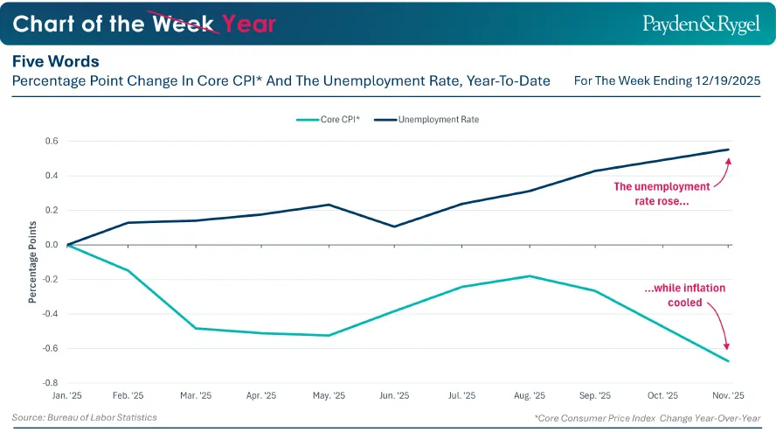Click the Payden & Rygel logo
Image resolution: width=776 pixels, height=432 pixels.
coord(701,24)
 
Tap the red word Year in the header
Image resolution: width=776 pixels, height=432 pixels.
coord(248,24)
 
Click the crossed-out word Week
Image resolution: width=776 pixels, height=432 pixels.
coord(183,24)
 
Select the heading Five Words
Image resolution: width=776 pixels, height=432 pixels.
coord(55,61)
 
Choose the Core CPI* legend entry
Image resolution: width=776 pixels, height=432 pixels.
coord(328,120)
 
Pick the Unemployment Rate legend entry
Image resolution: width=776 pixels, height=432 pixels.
coord(426,120)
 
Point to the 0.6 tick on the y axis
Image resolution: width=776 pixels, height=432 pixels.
coord(52,141)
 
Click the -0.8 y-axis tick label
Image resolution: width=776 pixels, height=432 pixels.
coord(51,383)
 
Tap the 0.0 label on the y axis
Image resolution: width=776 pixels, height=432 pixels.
coord(52,245)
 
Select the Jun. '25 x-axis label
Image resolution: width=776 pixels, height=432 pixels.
coord(394,395)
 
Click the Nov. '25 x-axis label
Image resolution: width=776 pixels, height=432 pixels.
coord(728,395)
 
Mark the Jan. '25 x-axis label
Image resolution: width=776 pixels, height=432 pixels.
coord(66,395)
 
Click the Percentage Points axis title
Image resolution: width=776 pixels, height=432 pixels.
coord(32,262)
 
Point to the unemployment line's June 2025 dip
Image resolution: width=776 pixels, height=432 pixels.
coord(394,226)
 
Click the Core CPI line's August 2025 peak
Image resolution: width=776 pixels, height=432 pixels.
coord(530,276)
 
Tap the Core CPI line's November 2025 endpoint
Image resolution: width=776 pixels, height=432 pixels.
coord(729,361)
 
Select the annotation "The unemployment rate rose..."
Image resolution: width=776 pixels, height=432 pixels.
coord(662,194)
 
